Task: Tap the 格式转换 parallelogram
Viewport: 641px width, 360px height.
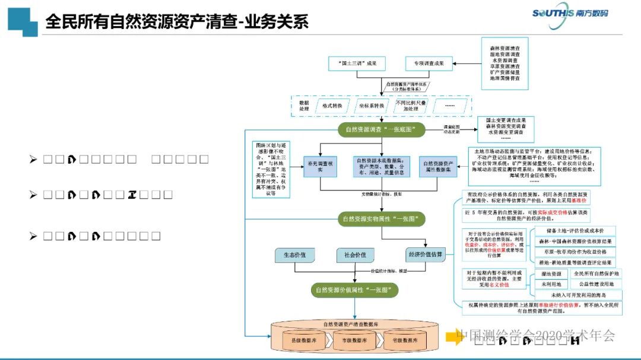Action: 332,106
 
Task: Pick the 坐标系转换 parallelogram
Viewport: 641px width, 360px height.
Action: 372,106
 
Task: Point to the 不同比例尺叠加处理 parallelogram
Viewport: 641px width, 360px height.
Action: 411,106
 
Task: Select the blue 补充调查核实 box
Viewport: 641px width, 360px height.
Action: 320,166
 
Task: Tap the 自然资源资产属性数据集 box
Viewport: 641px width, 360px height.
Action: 440,166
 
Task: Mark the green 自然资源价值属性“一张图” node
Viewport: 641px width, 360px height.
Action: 355,290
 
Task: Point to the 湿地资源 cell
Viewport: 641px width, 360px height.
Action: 551,274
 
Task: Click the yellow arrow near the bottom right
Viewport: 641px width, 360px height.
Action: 454,336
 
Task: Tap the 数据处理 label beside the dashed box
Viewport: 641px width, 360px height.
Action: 303,106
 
